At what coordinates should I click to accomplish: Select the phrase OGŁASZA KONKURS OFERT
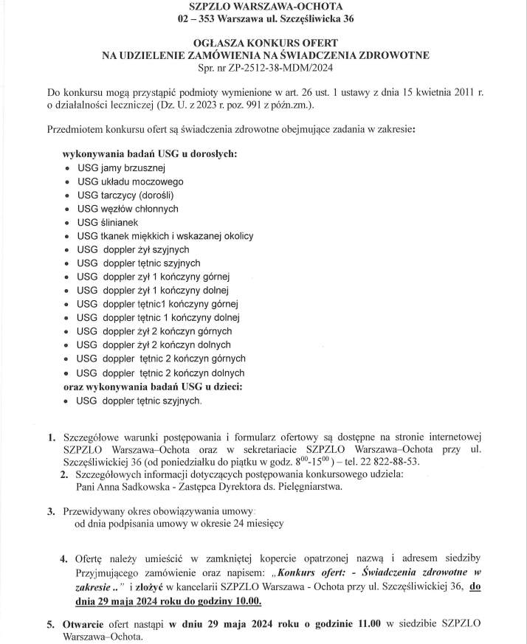pyautogui.click(x=264, y=43)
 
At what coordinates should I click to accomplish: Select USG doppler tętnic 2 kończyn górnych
pyautogui.click(x=161, y=359)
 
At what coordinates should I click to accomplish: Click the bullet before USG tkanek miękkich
pyautogui.click(x=68, y=236)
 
